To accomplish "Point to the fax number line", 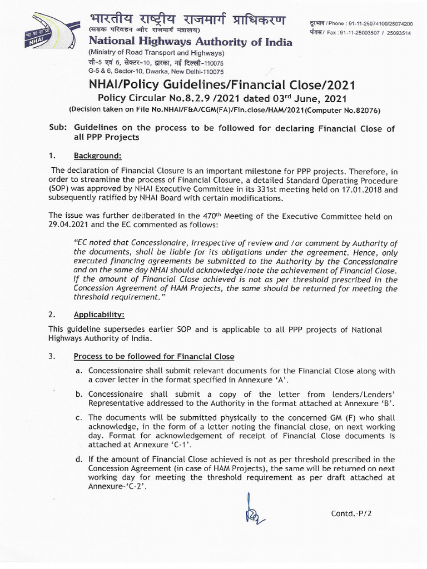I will point(368,33).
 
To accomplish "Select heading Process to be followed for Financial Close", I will point(154,356).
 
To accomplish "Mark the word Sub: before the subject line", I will point(59,128).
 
